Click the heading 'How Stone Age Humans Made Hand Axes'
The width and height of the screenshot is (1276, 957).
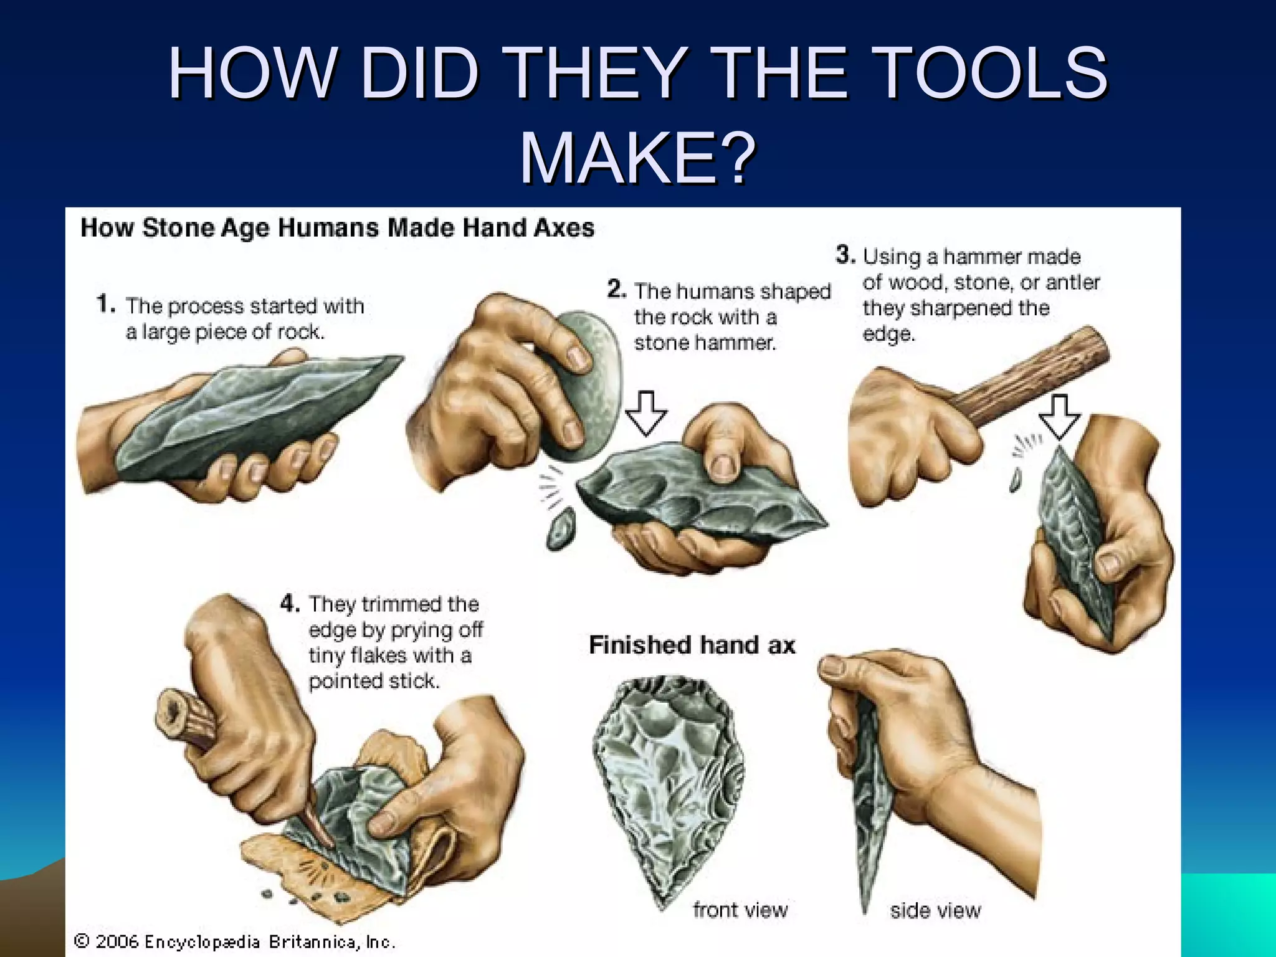(x=337, y=227)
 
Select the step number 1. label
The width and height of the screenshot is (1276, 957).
(x=106, y=304)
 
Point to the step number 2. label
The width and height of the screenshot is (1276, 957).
(x=616, y=289)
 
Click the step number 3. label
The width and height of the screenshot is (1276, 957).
(x=845, y=254)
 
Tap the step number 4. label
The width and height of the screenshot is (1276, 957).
(x=290, y=602)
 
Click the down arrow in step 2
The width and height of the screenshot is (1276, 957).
(x=646, y=413)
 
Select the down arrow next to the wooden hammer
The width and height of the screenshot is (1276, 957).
(x=1059, y=416)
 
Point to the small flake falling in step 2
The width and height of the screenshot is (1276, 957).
(x=561, y=528)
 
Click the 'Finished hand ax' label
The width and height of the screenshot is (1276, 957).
(x=692, y=645)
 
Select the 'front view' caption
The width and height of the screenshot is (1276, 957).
(x=740, y=910)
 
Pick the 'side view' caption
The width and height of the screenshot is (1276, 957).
(x=935, y=910)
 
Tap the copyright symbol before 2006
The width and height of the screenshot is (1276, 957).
(x=82, y=941)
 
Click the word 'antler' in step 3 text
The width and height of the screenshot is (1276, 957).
(x=1072, y=282)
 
